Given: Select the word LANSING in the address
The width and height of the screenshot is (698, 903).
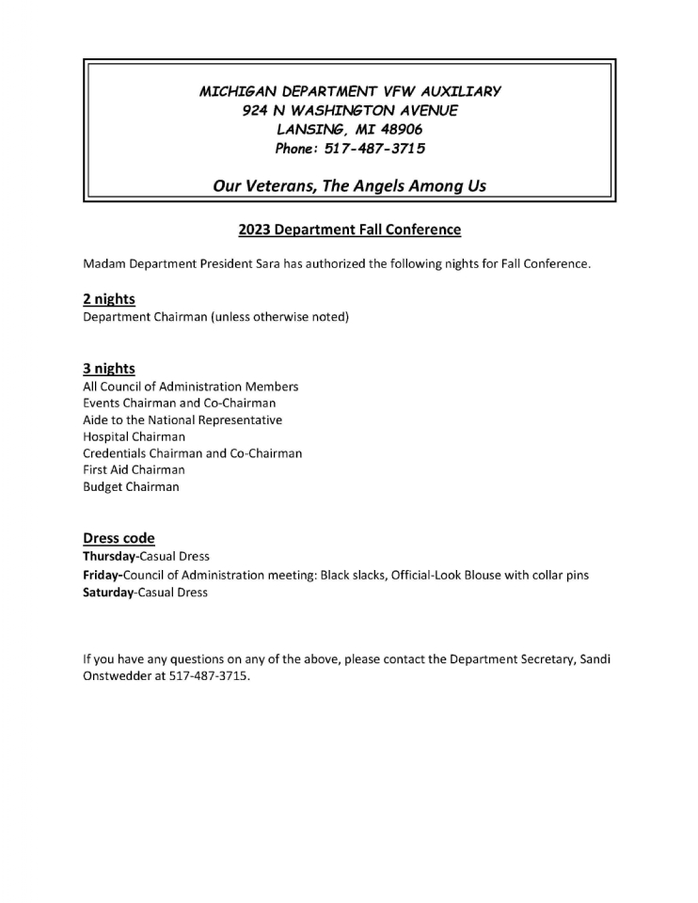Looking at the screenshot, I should coord(311,130).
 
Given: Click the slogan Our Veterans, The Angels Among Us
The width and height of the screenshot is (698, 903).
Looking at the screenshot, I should coord(349,185).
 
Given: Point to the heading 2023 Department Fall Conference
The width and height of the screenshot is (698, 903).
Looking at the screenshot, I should coord(349,230).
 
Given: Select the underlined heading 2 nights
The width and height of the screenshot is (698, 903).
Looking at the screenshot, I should coord(109,299).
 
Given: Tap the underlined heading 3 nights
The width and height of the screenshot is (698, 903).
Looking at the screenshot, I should coord(109,369).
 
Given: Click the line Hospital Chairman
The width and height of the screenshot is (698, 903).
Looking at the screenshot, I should coord(134,436).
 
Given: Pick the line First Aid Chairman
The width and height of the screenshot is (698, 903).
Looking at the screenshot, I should coord(134,469).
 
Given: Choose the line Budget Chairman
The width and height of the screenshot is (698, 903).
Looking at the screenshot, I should coord(130,486).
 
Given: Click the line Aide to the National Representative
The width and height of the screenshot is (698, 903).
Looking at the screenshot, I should coord(182,420).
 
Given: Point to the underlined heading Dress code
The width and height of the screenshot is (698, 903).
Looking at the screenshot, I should coord(119,539).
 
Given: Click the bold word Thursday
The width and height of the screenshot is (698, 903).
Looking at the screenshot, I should coord(109,557).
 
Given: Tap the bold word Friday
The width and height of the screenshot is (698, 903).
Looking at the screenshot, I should coord(101,575).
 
